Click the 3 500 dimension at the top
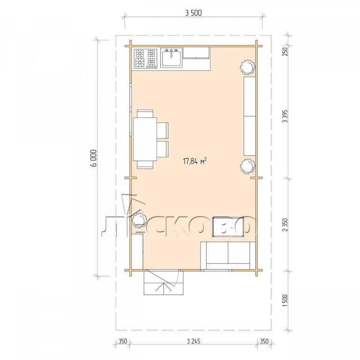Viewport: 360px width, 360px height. (x=193, y=13)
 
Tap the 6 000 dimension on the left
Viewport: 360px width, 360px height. (x=94, y=158)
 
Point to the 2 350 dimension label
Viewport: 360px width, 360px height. (x=285, y=225)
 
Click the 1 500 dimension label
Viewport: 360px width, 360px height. (x=285, y=300)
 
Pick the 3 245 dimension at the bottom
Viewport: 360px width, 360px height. (x=193, y=341)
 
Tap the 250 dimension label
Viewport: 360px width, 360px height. (x=285, y=52)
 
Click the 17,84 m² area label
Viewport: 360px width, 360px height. (x=195, y=161)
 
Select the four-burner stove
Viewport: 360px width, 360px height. (x=146, y=59)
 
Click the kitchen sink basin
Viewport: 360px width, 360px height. (x=171, y=58)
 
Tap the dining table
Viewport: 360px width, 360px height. (x=145, y=139)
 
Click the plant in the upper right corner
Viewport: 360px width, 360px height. (x=247, y=67)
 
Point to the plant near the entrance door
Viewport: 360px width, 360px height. (x=139, y=220)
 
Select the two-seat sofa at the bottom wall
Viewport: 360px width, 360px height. (x=228, y=255)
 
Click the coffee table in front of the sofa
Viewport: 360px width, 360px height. (x=229, y=226)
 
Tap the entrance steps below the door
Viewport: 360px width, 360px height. (x=164, y=283)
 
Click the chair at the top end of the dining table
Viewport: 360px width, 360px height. (x=145, y=113)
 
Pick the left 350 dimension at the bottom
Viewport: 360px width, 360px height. (x=123, y=341)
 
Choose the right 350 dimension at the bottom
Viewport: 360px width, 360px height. (x=264, y=341)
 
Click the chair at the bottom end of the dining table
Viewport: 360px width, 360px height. (x=145, y=165)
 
